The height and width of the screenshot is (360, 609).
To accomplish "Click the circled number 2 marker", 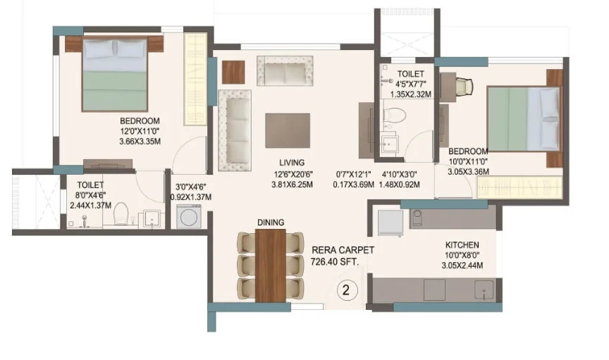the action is coord(345,290).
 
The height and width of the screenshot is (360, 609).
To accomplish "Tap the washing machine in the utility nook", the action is coord(188,216).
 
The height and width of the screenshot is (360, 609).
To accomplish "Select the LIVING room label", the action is coord(292,163).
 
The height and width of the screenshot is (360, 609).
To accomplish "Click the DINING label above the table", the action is coord(271,223).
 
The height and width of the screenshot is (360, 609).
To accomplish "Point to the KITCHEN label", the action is coord(462,245).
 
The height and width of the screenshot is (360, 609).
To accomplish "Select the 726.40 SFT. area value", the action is coord(335,262).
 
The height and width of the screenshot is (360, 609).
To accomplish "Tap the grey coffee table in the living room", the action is coord(288,130).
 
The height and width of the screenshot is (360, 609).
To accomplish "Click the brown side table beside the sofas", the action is coord(233,73).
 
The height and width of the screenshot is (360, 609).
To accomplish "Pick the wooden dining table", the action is coord(271,266).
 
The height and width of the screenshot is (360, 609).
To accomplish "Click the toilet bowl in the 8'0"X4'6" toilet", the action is coord(121,213).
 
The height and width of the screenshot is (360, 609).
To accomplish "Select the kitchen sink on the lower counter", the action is coord(484,290).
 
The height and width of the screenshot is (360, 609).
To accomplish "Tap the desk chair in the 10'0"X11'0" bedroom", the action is coord(465,87).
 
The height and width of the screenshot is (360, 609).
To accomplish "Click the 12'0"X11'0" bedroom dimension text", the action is coord(140,131).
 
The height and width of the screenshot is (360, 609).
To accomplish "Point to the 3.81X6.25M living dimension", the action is coord(292,185).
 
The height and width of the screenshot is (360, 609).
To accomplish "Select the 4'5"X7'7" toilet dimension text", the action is coord(411,84).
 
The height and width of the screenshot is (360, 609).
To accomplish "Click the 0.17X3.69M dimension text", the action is coord(353,185).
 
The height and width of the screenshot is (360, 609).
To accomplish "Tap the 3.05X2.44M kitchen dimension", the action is coord(462,266).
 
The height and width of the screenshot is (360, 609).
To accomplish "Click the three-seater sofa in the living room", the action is coord(235,130).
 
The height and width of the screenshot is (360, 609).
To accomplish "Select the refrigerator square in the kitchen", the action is coord(390,223).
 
